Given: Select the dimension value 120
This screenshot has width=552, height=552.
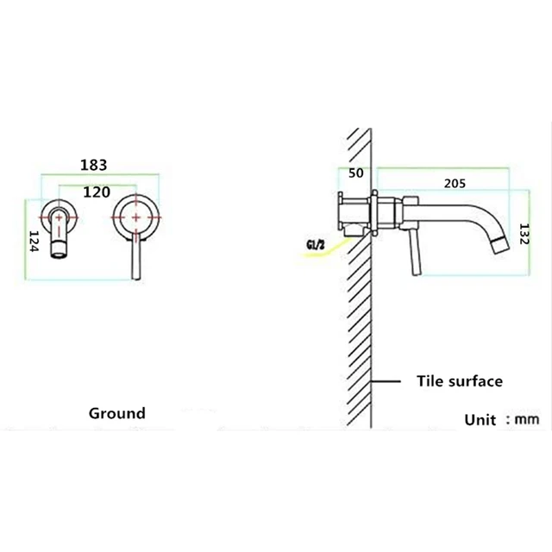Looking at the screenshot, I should [96, 192].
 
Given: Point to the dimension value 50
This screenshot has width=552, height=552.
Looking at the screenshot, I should [355, 173].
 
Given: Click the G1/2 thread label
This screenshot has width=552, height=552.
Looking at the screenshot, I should [317, 248].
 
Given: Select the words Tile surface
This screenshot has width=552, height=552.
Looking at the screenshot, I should [459, 380].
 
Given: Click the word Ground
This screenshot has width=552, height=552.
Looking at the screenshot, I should [117, 413].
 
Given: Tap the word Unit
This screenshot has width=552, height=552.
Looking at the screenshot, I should [480, 420].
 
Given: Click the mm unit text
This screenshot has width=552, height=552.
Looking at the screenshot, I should [527, 420].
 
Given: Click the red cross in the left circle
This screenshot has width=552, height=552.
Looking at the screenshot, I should [58, 214].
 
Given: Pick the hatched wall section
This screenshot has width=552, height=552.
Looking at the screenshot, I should [358, 328].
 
